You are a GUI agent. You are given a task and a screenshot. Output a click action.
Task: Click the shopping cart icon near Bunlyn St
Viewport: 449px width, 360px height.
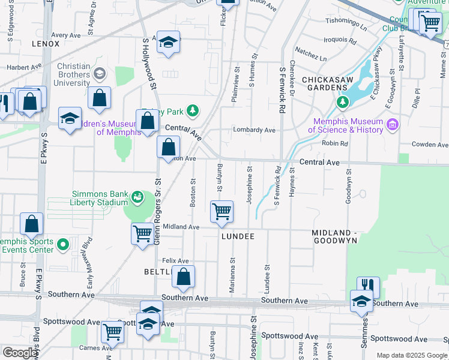point(221,211)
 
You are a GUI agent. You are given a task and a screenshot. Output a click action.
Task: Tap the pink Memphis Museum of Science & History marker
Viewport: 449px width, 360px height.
point(393,125)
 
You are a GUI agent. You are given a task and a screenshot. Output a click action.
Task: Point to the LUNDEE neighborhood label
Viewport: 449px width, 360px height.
point(237,236)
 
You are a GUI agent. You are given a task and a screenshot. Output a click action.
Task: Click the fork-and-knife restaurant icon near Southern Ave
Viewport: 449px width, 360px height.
point(369,285)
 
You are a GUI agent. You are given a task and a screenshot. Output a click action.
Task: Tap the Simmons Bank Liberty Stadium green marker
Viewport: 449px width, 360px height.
point(137,196)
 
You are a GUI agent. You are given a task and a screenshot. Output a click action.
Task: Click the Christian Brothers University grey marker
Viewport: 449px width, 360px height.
point(99,74)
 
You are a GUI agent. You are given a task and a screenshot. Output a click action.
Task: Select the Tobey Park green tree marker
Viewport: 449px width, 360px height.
point(192,110)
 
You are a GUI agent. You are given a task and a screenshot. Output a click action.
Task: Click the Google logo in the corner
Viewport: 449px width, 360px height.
point(20,353)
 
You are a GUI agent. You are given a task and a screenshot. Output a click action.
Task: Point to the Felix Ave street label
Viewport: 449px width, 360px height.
point(175,261)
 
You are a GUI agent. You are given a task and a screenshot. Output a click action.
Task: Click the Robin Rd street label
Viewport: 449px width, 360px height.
point(334,143)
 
